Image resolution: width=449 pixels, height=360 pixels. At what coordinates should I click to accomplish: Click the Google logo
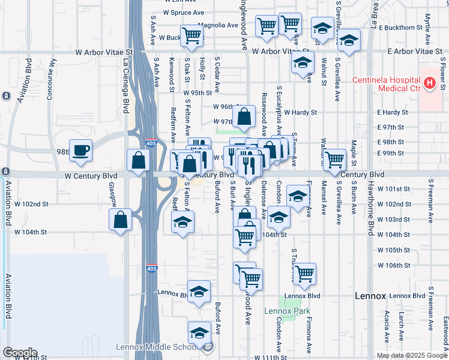point(19,353)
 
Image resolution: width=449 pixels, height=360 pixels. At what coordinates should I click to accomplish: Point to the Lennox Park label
point(288,311)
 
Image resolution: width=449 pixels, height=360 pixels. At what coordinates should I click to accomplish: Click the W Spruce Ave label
point(184,12)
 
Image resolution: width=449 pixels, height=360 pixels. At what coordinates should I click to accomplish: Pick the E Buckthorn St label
point(403,28)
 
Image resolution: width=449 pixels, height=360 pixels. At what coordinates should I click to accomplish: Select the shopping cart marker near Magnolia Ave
point(192,35)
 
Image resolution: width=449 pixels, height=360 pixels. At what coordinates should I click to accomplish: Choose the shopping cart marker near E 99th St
point(334,159)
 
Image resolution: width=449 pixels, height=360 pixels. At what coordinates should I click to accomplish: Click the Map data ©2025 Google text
point(411,355)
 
